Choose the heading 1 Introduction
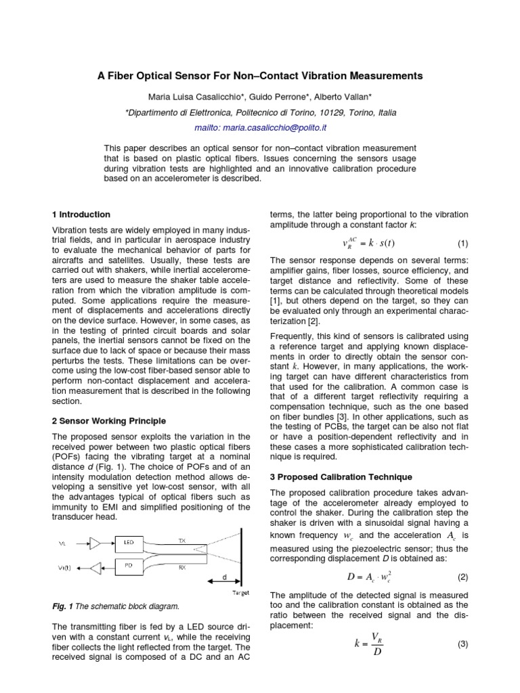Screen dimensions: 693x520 pos(81,214)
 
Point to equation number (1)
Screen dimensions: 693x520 pos(462,244)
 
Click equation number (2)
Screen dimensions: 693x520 pos(462,577)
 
